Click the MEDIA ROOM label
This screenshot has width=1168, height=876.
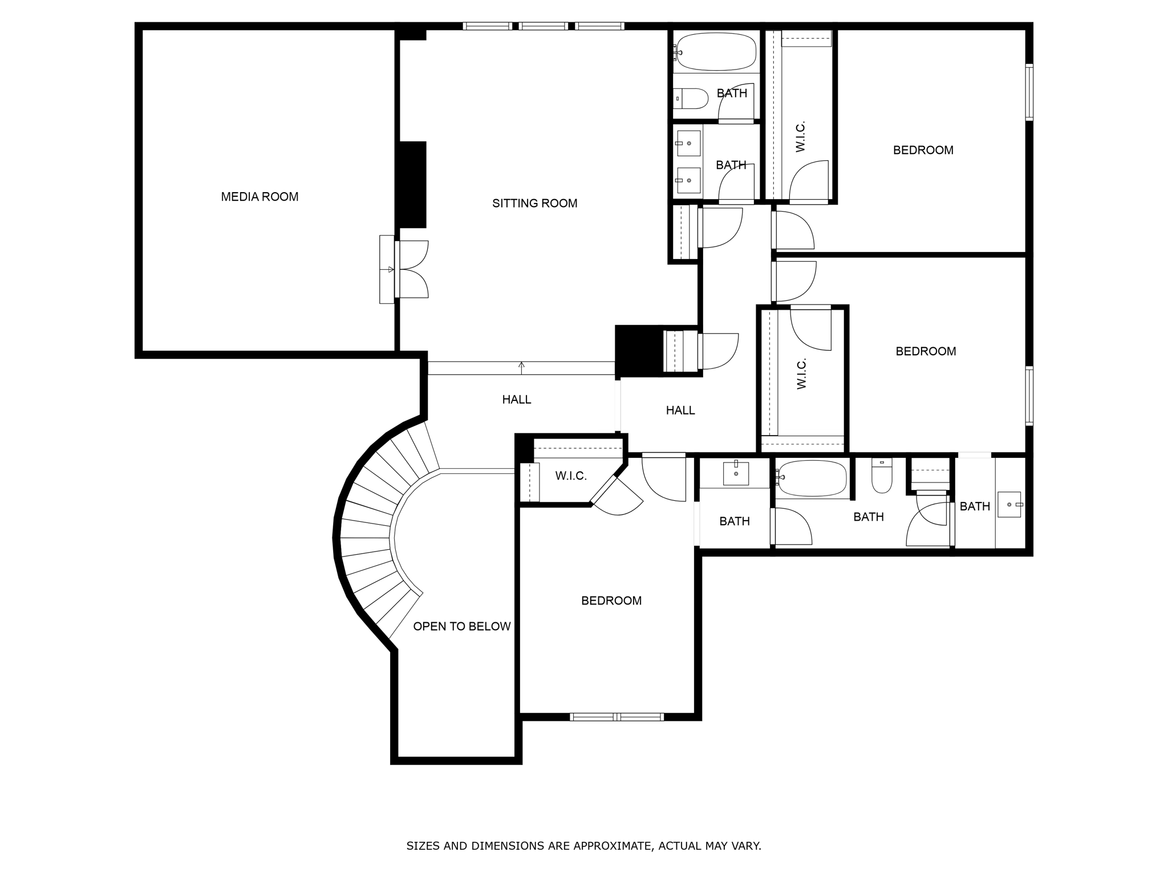click(259, 197)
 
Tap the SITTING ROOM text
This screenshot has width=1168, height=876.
click(534, 203)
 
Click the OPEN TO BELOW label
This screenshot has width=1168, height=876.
click(461, 626)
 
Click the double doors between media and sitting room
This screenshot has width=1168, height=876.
click(411, 269)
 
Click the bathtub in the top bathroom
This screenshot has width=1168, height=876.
click(716, 51)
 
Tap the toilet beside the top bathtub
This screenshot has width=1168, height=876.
click(691, 99)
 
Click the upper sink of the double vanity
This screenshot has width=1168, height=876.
click(689, 143)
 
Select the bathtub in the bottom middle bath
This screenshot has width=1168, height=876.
click(812, 478)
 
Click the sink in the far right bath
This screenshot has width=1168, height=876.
click(1009, 504)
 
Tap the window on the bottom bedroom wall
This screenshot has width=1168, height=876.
click(617, 717)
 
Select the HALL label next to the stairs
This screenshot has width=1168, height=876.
click(516, 400)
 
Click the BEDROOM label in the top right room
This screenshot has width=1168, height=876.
click(923, 150)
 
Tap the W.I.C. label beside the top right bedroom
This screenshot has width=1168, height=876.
click(800, 136)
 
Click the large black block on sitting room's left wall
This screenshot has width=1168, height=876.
click(412, 185)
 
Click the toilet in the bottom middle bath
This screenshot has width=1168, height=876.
click(882, 478)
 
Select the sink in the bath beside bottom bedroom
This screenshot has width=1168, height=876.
click(736, 473)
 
